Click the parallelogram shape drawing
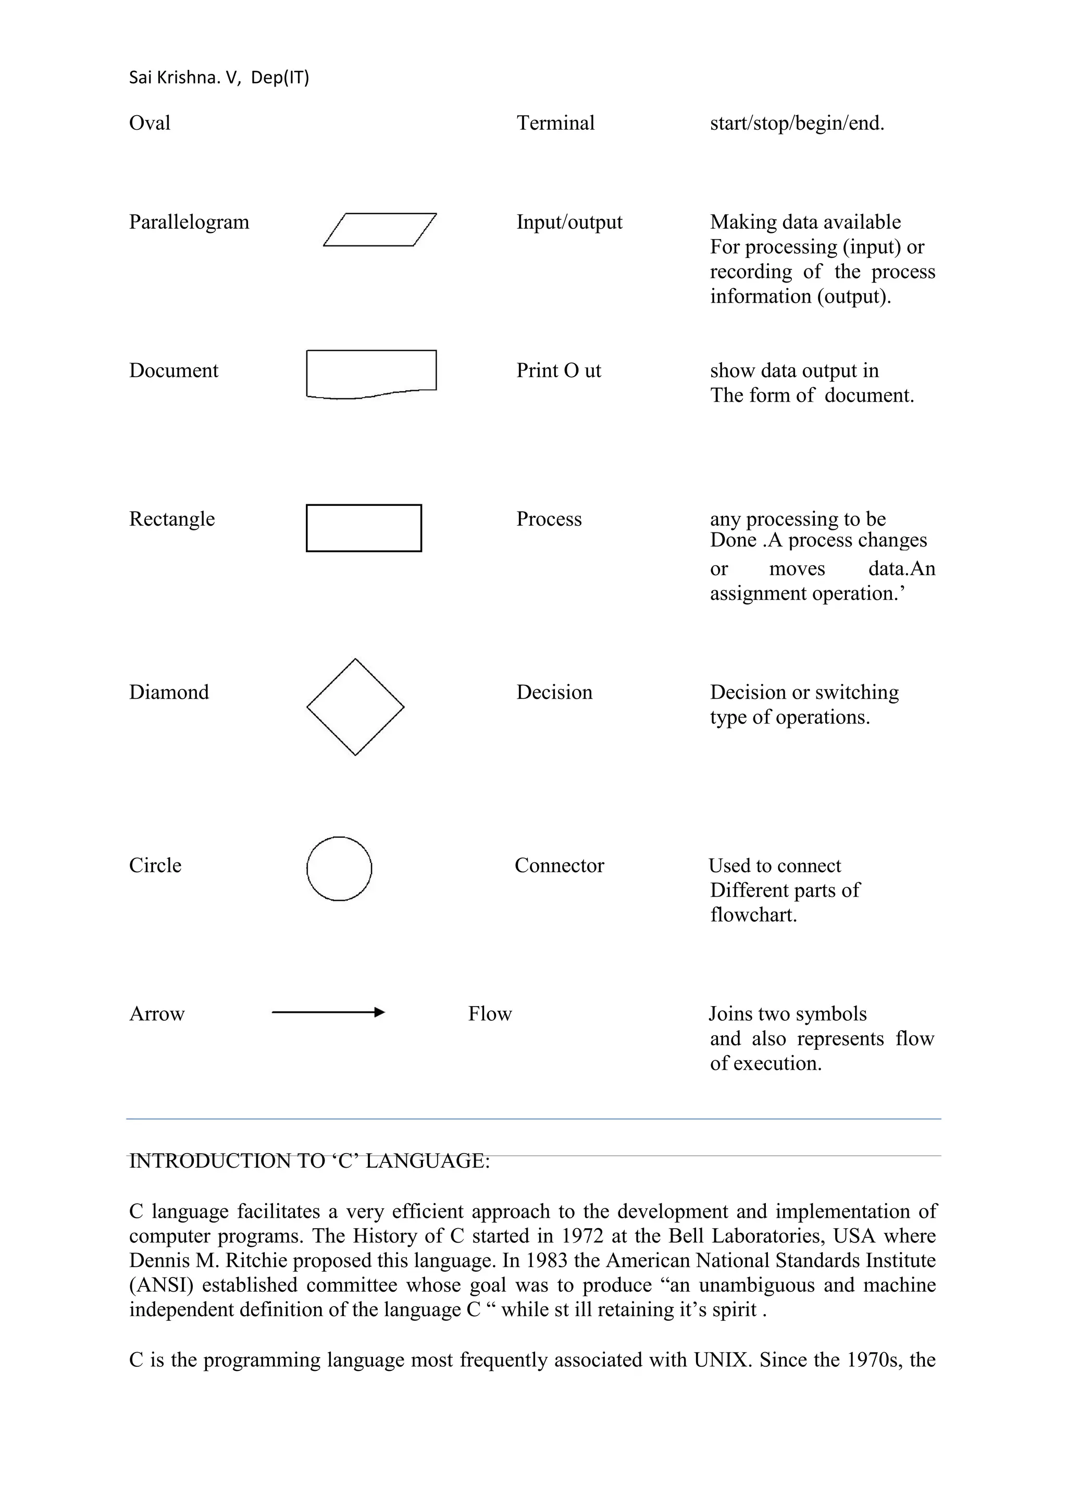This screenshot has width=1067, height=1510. pyautogui.click(x=380, y=230)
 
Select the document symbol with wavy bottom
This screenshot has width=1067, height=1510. pyautogui.click(x=371, y=373)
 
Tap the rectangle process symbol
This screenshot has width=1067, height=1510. pyautogui.click(x=364, y=528)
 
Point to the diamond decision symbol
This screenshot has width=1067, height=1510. pyautogui.click(x=355, y=707)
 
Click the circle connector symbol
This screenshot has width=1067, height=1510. pyautogui.click(x=339, y=869)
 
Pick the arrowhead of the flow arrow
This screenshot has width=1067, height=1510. pyautogui.click(x=379, y=1013)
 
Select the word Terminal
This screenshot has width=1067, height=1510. pyautogui.click(x=555, y=123)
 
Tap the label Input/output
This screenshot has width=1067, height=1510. pyautogui.click(x=569, y=222)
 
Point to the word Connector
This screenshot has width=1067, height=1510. pyautogui.click(x=559, y=865)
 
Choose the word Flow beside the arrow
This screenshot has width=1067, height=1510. pyautogui.click(x=489, y=1013)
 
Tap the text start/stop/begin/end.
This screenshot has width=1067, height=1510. pyautogui.click(x=797, y=123)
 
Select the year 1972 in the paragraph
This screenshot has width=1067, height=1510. pyautogui.click(x=582, y=1236)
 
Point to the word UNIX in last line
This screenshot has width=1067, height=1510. pyautogui.click(x=718, y=1359)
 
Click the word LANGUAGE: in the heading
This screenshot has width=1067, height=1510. pyautogui.click(x=427, y=1161)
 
